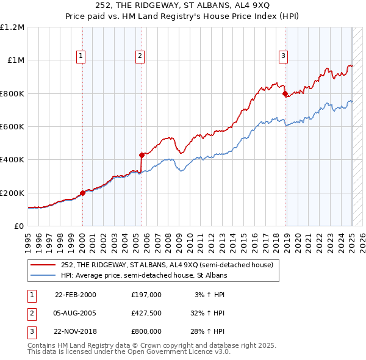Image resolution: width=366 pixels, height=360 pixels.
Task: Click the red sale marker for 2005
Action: [x=142, y=155]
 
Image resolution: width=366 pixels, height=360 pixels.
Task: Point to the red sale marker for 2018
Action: [x=285, y=93]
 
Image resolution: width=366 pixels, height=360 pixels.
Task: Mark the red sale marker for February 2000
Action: [x=82, y=193]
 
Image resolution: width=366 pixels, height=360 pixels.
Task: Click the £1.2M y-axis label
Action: [x=12, y=27]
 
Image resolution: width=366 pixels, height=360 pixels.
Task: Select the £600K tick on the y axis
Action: [x=12, y=127]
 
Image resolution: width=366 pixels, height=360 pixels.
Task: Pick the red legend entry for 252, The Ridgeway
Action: [x=170, y=264]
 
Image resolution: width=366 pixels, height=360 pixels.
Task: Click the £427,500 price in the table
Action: [x=146, y=313]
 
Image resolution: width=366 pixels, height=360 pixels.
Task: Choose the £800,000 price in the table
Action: [x=146, y=331]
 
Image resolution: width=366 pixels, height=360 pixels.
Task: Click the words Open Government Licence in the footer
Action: [x=176, y=352]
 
